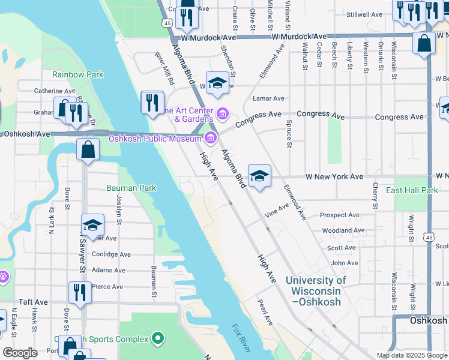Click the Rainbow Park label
[77, 74]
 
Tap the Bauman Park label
[131, 188]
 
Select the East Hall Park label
[412, 190]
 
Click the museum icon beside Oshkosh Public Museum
[210, 139]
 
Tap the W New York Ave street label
[334, 177]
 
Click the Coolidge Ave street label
[111, 254]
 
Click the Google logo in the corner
[20, 353]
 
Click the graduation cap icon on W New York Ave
[259, 176]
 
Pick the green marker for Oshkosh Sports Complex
[158, 338]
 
